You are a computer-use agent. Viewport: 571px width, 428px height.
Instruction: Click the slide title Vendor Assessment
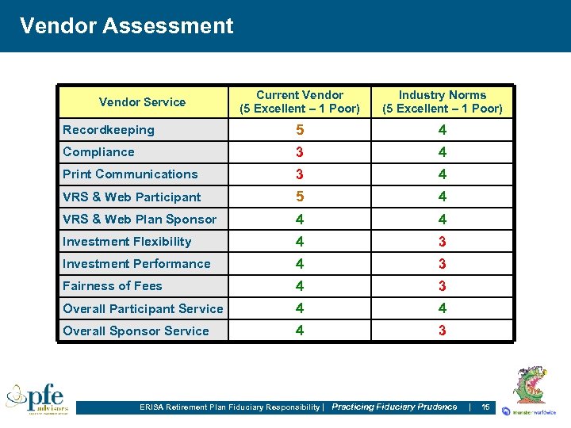click(x=126, y=26)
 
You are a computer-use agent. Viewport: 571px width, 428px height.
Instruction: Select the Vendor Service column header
click(x=142, y=101)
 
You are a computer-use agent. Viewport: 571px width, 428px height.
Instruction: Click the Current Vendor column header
click(x=299, y=101)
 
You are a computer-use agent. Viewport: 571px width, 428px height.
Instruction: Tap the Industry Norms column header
click(x=443, y=101)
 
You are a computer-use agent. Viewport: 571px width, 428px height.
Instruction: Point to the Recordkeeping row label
click(x=109, y=130)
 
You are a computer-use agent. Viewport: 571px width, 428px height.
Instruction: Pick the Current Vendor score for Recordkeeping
click(x=299, y=130)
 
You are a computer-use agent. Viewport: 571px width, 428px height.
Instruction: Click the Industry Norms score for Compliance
click(x=443, y=152)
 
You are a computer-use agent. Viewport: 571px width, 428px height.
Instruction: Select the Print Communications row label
click(x=130, y=174)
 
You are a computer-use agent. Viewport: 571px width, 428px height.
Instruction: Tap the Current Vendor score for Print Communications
click(x=299, y=174)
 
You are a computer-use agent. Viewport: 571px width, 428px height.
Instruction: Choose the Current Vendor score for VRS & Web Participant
click(x=299, y=197)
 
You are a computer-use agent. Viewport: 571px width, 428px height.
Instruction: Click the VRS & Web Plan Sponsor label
click(x=140, y=220)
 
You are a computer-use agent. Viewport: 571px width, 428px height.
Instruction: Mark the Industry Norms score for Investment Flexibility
click(x=443, y=242)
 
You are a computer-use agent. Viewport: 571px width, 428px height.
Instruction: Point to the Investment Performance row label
click(x=136, y=264)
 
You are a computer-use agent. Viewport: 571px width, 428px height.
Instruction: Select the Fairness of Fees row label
click(x=112, y=286)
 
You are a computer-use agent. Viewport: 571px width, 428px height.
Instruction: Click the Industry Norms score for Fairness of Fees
click(x=443, y=286)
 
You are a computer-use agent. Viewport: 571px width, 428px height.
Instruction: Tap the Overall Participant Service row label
click(x=143, y=309)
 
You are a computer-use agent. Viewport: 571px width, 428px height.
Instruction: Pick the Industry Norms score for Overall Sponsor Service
click(x=443, y=331)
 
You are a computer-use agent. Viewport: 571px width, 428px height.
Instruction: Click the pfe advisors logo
click(x=37, y=398)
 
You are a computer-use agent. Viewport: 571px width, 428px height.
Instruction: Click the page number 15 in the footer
click(x=485, y=407)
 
